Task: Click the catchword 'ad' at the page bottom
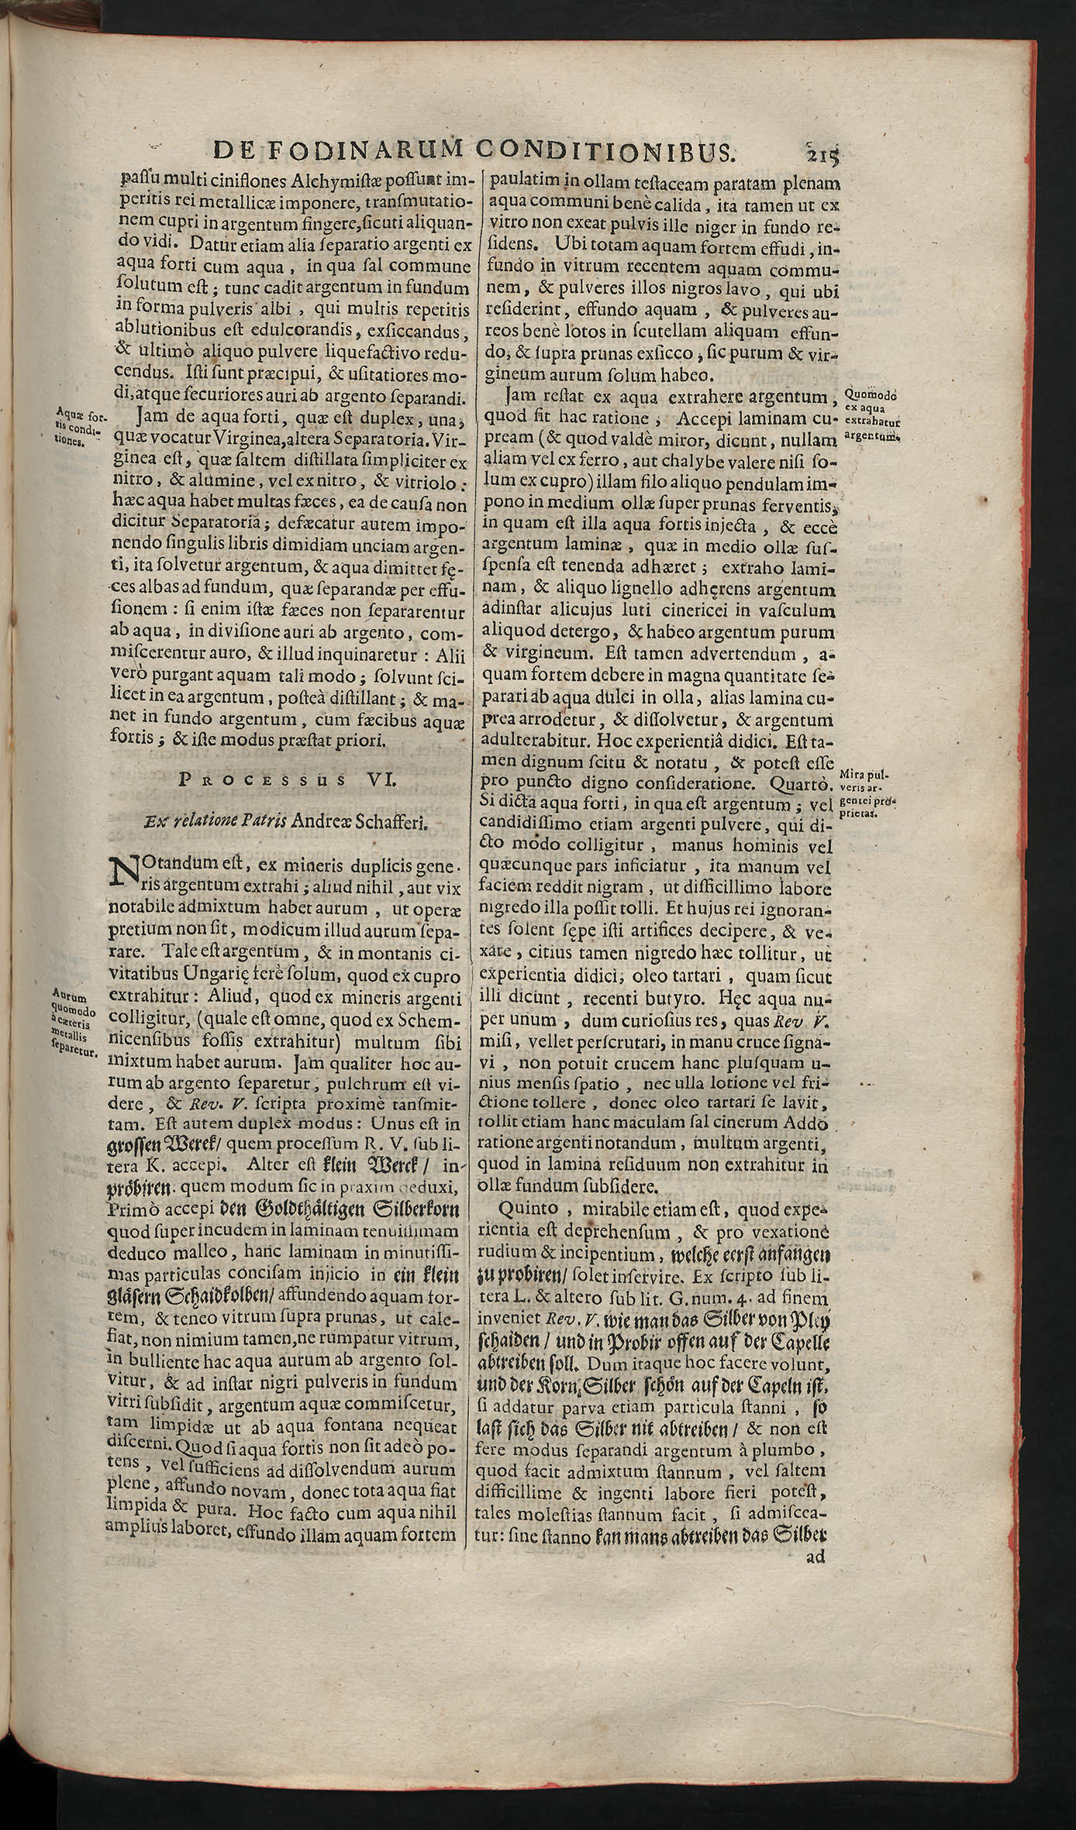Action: (816, 1790)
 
